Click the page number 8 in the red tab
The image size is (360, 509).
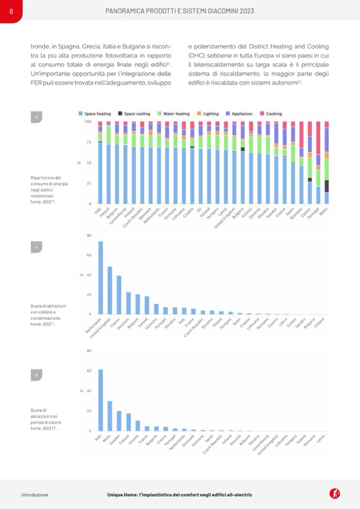tap(11, 11)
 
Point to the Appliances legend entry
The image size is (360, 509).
tap(241, 114)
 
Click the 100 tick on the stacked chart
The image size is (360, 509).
tap(88, 122)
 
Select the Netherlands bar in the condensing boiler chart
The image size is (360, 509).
tap(100, 278)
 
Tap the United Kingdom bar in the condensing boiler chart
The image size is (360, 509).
tap(110, 290)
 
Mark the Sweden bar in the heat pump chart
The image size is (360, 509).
tap(119, 420)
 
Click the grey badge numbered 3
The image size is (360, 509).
tap(36, 118)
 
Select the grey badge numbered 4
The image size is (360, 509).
tap(36, 247)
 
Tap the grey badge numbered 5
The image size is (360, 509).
tap(36, 375)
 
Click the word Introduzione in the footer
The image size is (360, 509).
tap(35, 495)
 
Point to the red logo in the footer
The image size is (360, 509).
tap(335, 494)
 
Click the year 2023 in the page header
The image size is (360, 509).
tap(243, 11)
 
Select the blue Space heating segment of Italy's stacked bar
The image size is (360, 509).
tap(100, 172)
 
